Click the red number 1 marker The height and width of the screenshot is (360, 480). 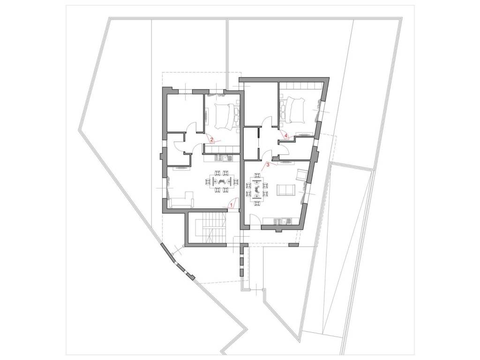(232, 203)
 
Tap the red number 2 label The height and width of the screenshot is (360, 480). (211, 139)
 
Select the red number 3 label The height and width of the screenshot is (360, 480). (268, 165)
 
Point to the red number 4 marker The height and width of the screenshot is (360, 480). (286, 135)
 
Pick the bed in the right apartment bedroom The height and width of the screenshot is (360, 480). (294, 111)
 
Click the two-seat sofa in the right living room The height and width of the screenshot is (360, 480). (285, 190)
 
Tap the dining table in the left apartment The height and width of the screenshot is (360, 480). (221, 181)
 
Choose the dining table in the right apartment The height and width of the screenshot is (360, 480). (256, 188)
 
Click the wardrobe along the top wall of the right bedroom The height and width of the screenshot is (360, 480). (301, 85)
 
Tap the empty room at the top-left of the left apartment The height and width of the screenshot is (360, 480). (185, 112)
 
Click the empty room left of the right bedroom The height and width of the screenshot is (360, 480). (261, 104)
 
